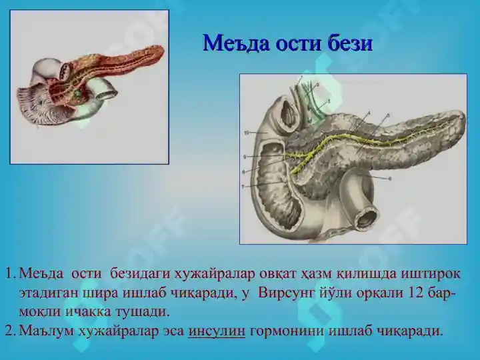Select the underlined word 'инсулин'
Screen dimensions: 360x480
217,331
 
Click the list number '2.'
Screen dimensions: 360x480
10,331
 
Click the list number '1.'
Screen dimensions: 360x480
10,274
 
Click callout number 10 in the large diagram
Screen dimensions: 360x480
246,133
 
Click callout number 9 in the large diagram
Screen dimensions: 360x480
246,157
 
